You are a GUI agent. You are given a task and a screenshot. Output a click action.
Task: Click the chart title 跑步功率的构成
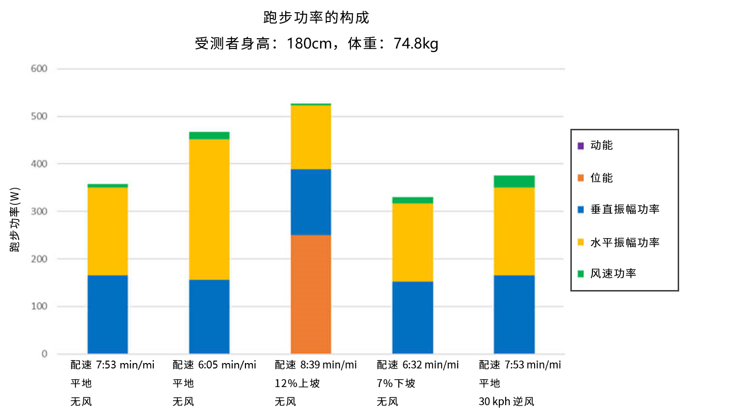[x=316, y=18]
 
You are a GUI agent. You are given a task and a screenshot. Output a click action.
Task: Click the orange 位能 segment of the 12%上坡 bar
[x=311, y=294]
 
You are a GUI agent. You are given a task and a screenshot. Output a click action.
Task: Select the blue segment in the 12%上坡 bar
[x=311, y=202]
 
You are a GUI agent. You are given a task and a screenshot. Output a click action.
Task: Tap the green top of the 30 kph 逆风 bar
[x=514, y=181]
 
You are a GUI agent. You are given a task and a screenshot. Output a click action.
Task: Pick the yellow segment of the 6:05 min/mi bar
[x=209, y=209]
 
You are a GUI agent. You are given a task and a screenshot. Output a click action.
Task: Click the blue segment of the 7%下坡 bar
[x=413, y=317]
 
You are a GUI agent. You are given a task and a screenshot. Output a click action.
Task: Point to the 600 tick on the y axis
[x=39, y=69]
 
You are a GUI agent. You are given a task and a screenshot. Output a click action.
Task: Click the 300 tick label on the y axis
[x=39, y=211]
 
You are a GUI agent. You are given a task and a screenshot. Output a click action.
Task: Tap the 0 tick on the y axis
[x=45, y=354]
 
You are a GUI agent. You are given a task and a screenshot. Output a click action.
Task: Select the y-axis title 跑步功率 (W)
[x=15, y=219]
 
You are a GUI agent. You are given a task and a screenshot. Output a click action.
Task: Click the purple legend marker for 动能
[x=581, y=146]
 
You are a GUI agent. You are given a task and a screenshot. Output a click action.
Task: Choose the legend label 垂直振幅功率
[x=625, y=209]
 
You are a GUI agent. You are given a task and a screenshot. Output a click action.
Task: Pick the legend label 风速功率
[x=613, y=273]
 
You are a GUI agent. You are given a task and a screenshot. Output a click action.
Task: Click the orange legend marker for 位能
[x=581, y=178]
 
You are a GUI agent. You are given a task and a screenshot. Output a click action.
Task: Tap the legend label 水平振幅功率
[x=625, y=243]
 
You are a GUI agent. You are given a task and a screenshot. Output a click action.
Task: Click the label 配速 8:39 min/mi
[x=316, y=365]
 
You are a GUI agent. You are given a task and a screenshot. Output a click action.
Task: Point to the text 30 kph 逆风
[x=506, y=402]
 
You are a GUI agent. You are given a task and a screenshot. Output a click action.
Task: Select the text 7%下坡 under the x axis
[x=396, y=384]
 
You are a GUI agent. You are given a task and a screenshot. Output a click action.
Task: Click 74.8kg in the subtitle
[x=416, y=44]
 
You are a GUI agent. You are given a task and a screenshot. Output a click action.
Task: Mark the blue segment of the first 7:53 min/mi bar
[x=108, y=314]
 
